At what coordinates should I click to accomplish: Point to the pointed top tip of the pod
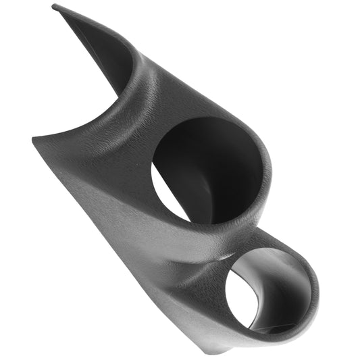[x=54, y=7]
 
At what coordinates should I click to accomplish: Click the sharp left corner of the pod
[x=33, y=139]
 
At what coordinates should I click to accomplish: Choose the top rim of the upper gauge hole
[x=203, y=120]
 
